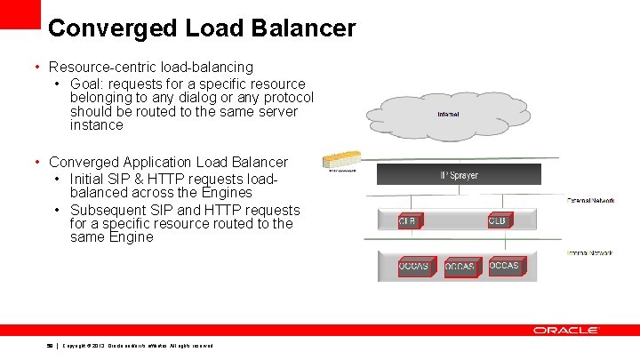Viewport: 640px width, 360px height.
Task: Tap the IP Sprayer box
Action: click(459, 175)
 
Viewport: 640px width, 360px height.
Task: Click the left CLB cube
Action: click(409, 221)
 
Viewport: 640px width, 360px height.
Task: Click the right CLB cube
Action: click(500, 220)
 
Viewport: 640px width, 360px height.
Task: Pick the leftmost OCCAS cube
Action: click(414, 266)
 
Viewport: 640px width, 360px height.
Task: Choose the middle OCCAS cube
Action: click(461, 267)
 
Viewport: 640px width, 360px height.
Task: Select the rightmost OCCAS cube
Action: click(505, 265)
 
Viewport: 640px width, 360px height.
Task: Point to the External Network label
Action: click(590, 201)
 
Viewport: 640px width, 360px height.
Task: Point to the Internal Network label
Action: click(590, 253)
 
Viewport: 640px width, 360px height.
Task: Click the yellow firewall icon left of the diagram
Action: click(340, 161)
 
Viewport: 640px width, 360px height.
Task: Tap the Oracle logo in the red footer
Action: click(565, 330)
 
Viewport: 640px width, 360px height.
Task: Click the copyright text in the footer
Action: click(137, 345)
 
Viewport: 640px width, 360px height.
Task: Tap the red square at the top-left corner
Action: click(20, 13)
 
